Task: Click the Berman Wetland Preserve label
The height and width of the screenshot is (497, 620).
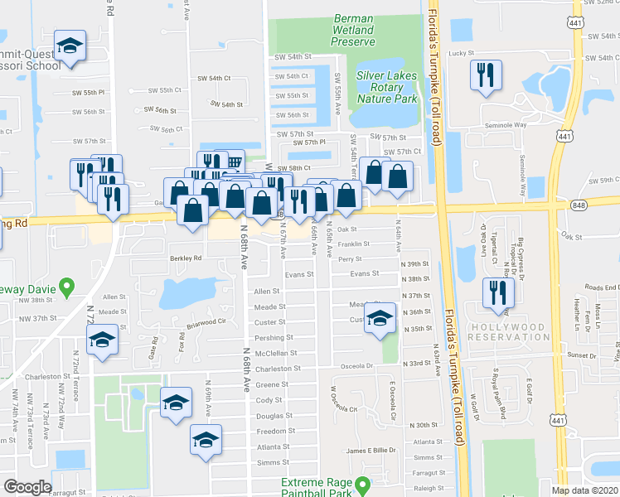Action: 354,30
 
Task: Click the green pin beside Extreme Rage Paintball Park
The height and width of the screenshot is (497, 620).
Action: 362,485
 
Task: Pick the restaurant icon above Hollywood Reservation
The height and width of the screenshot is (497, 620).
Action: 498,291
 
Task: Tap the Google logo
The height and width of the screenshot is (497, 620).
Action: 27,487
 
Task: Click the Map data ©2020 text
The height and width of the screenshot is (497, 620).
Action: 585,490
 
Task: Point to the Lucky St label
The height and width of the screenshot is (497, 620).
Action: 461,53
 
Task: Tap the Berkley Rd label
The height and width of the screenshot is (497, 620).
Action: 186,258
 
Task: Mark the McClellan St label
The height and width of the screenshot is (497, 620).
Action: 270,353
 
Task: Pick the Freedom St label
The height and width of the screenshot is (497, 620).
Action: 270,432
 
